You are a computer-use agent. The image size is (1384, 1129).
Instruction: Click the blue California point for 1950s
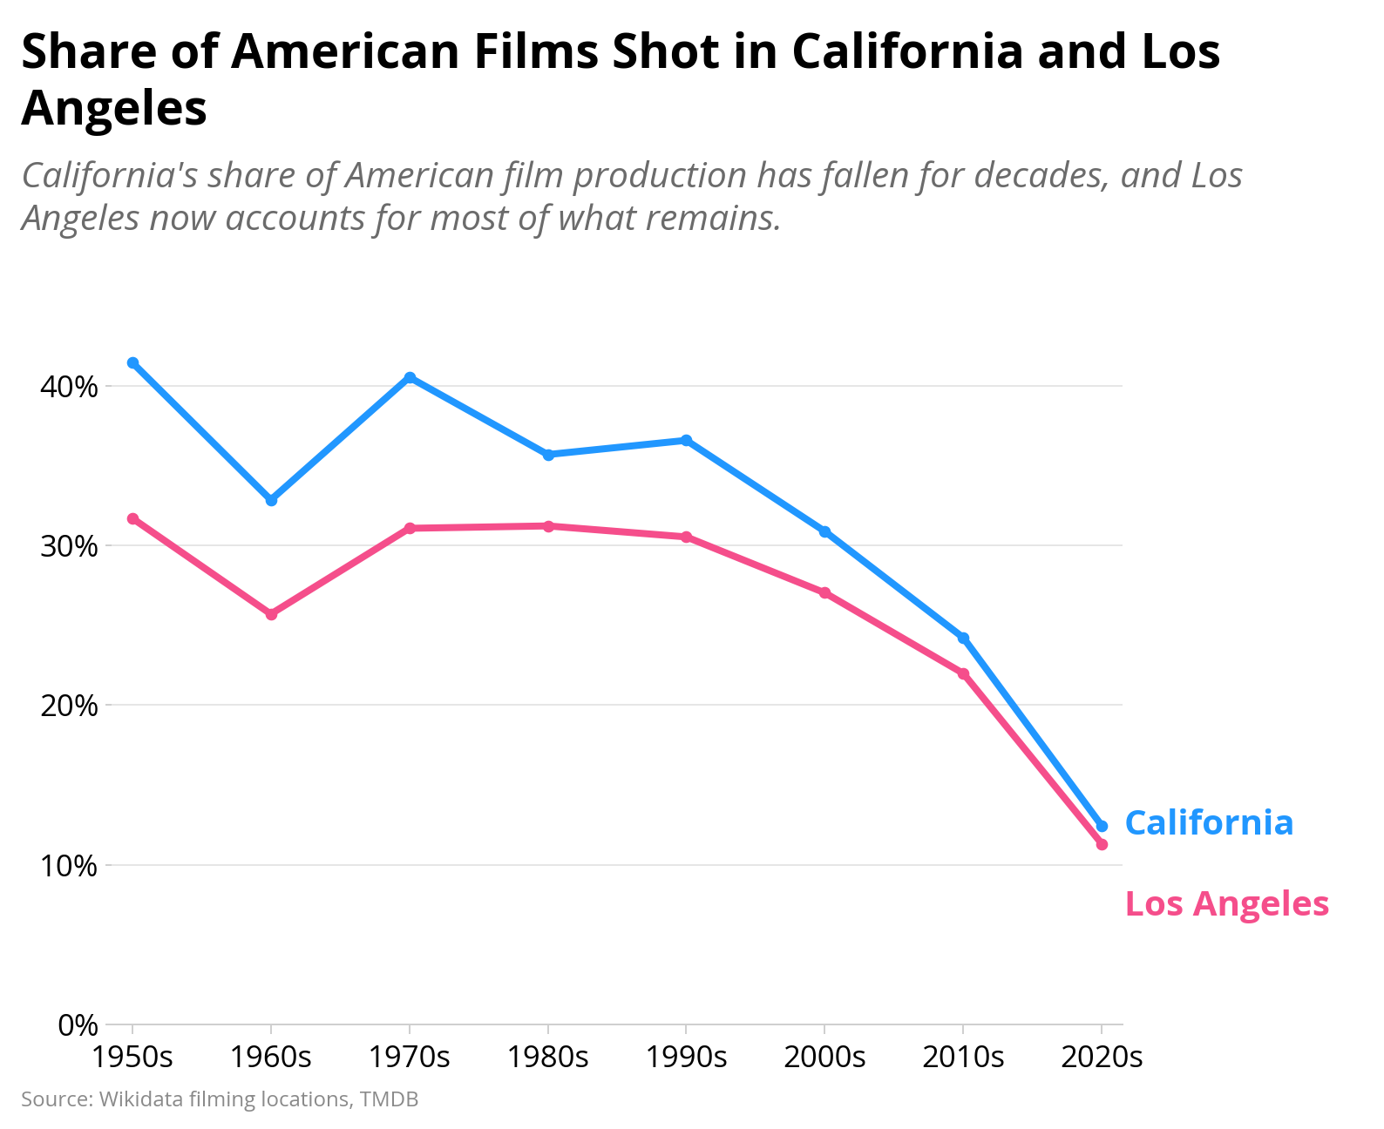click(x=132, y=362)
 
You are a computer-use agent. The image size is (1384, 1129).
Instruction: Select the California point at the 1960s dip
click(x=271, y=500)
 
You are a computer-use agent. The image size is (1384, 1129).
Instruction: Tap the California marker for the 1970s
click(x=410, y=377)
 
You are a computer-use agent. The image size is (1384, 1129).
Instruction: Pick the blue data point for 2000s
click(x=824, y=531)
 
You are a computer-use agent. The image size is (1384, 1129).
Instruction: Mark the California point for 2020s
click(x=1102, y=826)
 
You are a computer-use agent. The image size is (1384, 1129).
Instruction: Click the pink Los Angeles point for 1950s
click(x=132, y=519)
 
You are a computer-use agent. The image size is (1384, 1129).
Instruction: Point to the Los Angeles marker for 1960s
click(x=271, y=615)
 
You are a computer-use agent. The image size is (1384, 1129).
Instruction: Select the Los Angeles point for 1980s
click(x=548, y=526)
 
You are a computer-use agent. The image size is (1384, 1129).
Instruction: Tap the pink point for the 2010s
click(x=963, y=673)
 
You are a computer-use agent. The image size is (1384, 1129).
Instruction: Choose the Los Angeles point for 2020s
click(x=1102, y=844)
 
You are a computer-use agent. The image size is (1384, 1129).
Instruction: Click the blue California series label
click(x=1209, y=822)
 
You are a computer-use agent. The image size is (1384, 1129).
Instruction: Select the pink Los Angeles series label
click(x=1226, y=904)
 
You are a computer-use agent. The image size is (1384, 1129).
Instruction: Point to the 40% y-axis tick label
click(x=69, y=387)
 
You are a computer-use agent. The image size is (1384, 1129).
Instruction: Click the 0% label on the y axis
click(x=78, y=1024)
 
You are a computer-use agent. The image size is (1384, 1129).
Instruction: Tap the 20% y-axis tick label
click(x=69, y=706)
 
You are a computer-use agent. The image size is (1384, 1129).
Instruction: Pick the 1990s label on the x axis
click(x=687, y=1057)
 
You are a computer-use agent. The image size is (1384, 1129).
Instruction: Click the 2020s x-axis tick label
click(x=1102, y=1057)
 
